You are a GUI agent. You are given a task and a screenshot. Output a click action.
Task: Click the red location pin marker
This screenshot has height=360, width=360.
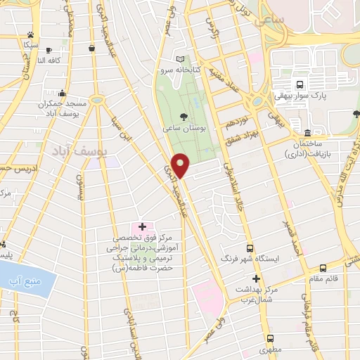[x=181, y=165]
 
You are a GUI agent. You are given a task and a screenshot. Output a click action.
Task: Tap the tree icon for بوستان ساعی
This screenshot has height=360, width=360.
[x=184, y=117]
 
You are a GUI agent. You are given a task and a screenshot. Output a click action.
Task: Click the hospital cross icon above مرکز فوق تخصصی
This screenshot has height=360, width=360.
[x=143, y=226]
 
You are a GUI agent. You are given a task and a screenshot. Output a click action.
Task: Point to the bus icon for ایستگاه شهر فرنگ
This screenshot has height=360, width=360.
[x=250, y=248]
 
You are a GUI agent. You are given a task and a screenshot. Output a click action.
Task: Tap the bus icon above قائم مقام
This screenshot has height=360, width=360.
[x=323, y=268]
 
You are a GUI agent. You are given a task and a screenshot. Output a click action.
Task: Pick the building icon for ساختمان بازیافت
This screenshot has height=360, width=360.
[x=308, y=133]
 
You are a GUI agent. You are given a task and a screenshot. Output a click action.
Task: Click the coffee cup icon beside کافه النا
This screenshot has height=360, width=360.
[x=48, y=49]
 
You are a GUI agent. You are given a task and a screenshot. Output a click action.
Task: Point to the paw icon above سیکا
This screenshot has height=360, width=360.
[x=30, y=34]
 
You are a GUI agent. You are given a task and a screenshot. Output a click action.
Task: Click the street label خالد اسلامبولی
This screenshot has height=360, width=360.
[x=227, y=179]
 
